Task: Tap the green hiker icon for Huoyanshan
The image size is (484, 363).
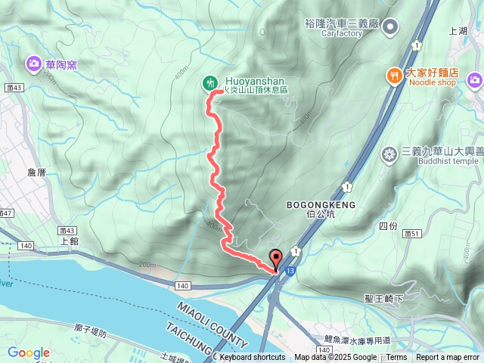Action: tap(209, 82)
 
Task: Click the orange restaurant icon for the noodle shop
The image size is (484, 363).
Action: tap(393, 74)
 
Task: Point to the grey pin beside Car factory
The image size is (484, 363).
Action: tap(390, 28)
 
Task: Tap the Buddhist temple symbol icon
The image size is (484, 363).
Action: tap(389, 154)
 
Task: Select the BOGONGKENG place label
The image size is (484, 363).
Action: tap(315, 204)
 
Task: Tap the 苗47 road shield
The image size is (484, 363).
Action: tap(6, 214)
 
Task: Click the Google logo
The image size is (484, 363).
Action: tap(28, 352)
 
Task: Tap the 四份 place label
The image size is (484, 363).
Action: tap(387, 225)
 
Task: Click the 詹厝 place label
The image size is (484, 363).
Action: tap(36, 172)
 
